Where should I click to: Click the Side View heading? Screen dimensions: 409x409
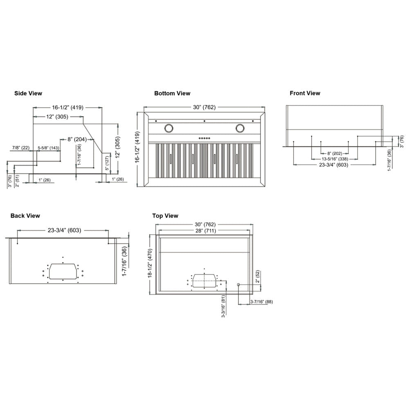coord(28,94)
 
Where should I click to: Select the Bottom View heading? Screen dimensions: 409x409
coord(172,94)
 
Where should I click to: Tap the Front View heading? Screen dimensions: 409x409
coord(305,93)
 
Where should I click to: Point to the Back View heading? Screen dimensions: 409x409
coord(25,216)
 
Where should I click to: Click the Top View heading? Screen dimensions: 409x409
coord(165,216)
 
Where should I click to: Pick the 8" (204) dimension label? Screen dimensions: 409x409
coord(77,139)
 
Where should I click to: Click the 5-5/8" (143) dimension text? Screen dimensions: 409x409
coord(49,148)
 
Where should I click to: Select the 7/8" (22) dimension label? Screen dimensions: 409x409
coord(20,148)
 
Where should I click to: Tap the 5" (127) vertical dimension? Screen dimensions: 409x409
coord(107,164)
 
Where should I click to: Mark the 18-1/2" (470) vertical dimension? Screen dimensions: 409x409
coord(150,264)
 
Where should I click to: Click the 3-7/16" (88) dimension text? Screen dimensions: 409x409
coord(261,302)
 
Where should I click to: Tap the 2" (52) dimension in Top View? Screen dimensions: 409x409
coord(258,277)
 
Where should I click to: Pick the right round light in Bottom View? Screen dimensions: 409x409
coord(240,128)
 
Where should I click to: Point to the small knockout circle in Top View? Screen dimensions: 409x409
coord(238,284)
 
